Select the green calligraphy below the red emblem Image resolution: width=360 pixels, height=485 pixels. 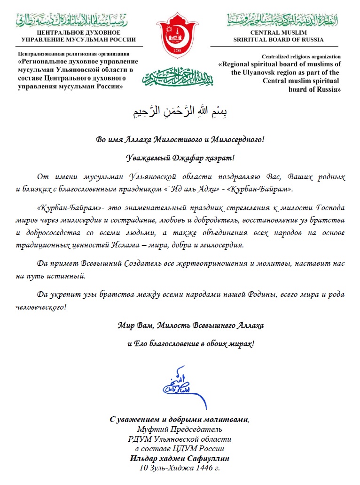[x=180, y=76]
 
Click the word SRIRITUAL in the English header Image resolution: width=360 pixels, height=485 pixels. [x=254, y=40]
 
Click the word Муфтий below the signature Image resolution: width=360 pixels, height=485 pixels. [x=152, y=429]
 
